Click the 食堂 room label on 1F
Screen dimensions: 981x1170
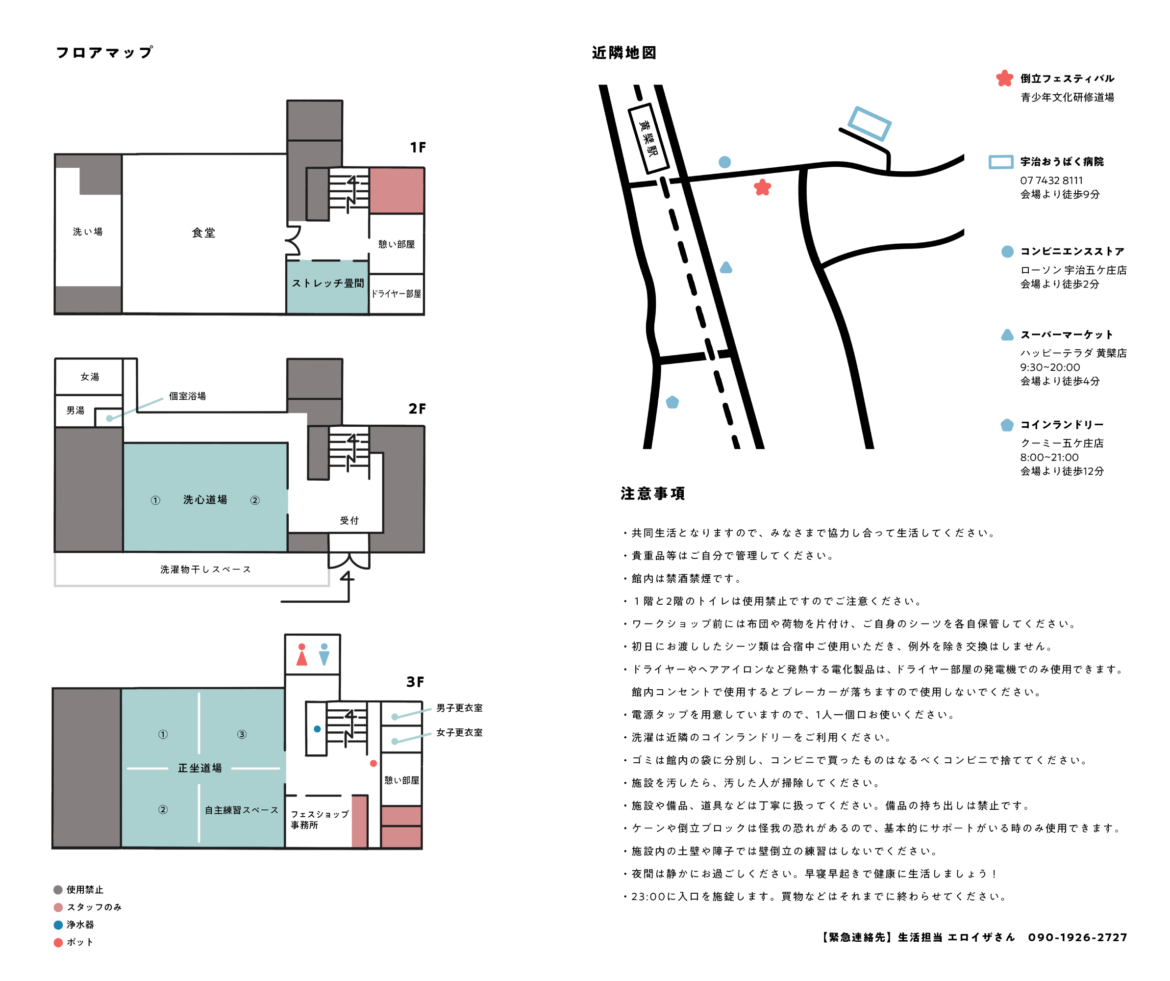tap(203, 232)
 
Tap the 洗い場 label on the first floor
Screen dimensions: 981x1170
tap(87, 232)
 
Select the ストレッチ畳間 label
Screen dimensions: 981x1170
tap(327, 283)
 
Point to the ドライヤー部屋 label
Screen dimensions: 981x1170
tap(396, 294)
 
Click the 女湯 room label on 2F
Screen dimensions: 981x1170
tap(90, 377)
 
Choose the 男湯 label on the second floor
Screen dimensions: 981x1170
tap(75, 410)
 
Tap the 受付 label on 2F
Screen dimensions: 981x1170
tap(349, 520)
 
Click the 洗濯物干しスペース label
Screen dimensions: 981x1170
tap(205, 569)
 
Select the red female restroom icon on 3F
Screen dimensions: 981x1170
tap(301, 654)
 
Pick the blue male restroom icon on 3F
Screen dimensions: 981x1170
tap(324, 654)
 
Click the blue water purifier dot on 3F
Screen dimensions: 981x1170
tap(317, 728)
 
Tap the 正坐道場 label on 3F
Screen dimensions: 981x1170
tap(200, 768)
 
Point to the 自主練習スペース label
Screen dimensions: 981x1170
tap(241, 810)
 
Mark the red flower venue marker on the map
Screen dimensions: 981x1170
tap(762, 187)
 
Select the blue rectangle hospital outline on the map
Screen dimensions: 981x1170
tap(869, 123)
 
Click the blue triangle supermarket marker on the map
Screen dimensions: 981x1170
tap(725, 267)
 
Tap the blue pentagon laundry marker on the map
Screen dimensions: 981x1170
tap(672, 402)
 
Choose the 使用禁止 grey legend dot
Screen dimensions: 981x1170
tap(58, 890)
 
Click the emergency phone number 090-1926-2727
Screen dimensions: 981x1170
tap(1077, 937)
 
